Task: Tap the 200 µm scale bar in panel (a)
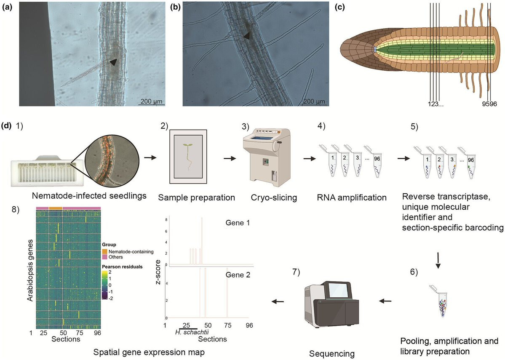tap(152, 104)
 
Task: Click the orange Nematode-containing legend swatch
tap(105, 251)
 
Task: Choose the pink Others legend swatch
tap(105, 257)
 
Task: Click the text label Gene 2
tap(238, 275)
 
